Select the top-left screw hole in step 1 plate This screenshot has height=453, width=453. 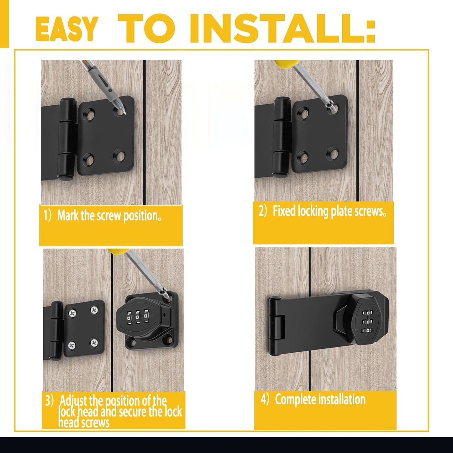(x=91, y=114)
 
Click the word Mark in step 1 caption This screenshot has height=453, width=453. (x=68, y=216)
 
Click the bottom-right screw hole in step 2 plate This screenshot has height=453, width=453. (x=333, y=153)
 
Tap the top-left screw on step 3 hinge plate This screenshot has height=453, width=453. (x=72, y=313)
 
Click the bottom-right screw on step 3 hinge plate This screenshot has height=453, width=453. (x=94, y=343)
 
